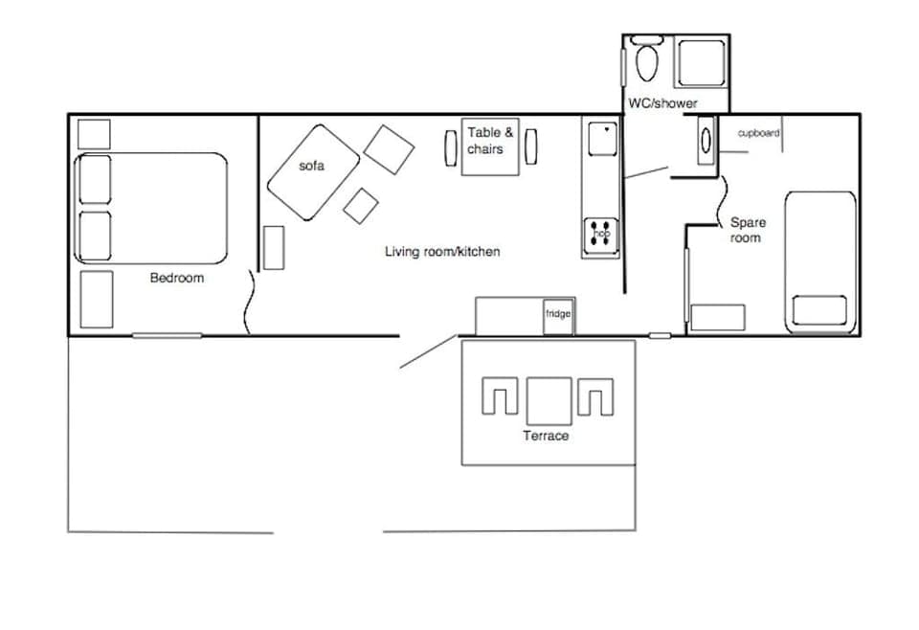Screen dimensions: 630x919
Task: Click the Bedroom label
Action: point(177,278)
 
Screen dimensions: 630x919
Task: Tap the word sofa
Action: point(311,166)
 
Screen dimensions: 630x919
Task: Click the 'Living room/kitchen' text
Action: point(442,252)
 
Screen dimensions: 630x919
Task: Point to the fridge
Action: point(558,316)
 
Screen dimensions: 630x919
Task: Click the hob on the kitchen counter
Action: point(601,234)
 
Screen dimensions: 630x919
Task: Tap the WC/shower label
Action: point(662,102)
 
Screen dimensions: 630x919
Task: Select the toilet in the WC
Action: point(647,61)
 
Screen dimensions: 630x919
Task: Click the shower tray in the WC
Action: point(704,60)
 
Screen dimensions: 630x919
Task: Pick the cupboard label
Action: point(758,133)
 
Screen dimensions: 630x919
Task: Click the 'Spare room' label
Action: point(747,230)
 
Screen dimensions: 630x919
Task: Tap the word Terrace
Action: point(546,436)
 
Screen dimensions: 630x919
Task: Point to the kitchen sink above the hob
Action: point(602,138)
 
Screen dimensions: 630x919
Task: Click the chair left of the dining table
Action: point(451,146)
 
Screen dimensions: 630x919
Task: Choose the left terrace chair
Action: point(500,397)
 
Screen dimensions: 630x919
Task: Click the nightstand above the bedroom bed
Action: point(94,133)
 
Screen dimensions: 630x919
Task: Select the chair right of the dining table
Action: point(530,146)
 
